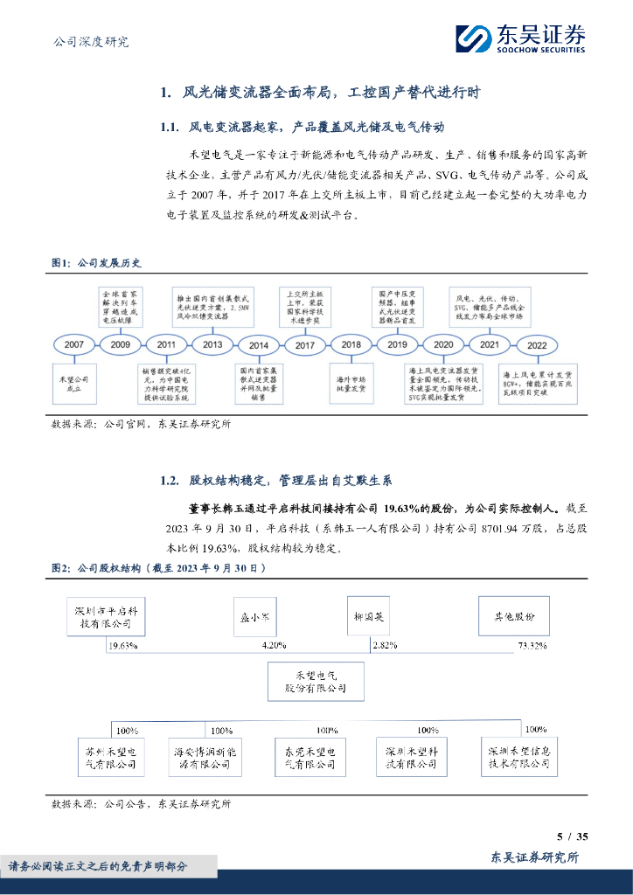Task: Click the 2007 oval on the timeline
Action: pyautogui.click(x=74, y=345)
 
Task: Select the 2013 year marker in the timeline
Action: pyautogui.click(x=212, y=345)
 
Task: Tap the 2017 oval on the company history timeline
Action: pyautogui.click(x=305, y=345)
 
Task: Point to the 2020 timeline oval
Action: pyautogui.click(x=443, y=345)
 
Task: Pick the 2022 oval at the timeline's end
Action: pyautogui.click(x=536, y=345)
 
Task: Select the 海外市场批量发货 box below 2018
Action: pyautogui.click(x=351, y=383)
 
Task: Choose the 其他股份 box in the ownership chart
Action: pyautogui.click(x=514, y=616)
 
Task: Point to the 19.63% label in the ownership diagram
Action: pyautogui.click(x=124, y=646)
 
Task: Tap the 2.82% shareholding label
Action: pyautogui.click(x=385, y=646)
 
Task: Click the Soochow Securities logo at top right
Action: pyautogui.click(x=520, y=38)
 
